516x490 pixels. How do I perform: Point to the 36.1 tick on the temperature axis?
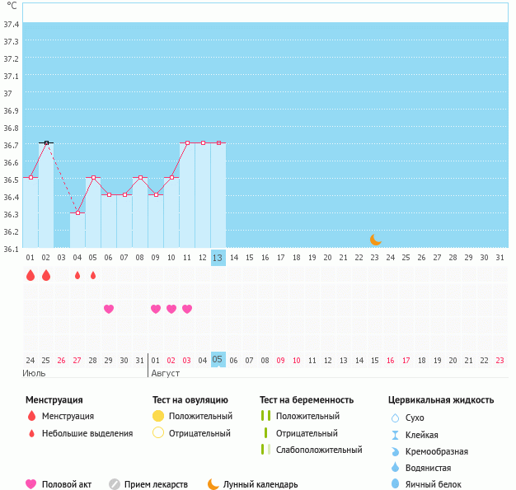[12, 248]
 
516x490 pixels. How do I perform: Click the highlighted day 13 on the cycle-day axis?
[218, 258]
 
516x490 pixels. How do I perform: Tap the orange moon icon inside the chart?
[376, 239]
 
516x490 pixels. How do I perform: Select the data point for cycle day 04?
[77, 213]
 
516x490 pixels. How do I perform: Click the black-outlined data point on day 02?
[46, 143]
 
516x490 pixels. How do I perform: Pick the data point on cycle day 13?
[218, 143]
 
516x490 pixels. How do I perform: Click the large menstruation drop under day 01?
[30, 275]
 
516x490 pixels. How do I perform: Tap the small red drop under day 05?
[93, 275]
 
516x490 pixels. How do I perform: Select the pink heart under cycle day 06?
[109, 309]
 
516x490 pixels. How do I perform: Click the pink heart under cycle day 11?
[187, 309]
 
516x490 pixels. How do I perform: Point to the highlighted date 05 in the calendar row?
[218, 360]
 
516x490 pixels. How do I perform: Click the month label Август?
[164, 373]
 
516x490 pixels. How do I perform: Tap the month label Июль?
[34, 373]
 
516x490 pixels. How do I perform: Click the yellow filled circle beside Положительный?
[158, 416]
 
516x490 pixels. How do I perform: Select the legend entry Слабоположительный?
[319, 450]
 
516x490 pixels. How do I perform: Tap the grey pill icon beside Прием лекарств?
[115, 484]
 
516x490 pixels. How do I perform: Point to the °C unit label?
[12, 6]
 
